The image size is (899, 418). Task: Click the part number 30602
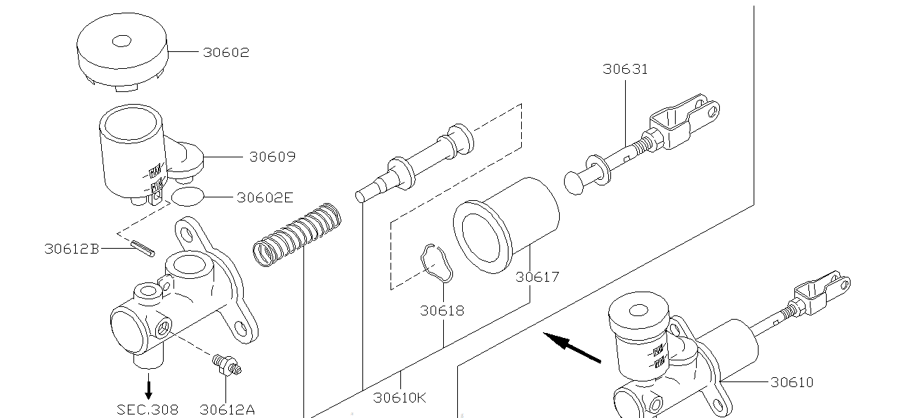[x=226, y=53]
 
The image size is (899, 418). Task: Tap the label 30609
[x=272, y=157]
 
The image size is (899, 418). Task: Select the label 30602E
[x=264, y=197]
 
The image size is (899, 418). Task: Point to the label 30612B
[x=72, y=249]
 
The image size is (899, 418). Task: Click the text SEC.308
[x=147, y=409]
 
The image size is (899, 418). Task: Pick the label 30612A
[x=227, y=409]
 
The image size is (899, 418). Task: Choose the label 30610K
[x=400, y=398]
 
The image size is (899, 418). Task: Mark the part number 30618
[x=442, y=310]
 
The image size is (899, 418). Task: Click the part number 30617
[x=537, y=277]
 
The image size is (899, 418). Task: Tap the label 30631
[x=625, y=69]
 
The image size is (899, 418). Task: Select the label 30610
[x=792, y=382]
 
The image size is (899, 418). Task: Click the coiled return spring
[x=296, y=234]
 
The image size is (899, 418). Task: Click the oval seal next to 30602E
[x=188, y=197]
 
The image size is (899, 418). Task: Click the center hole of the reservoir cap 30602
[x=122, y=41]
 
